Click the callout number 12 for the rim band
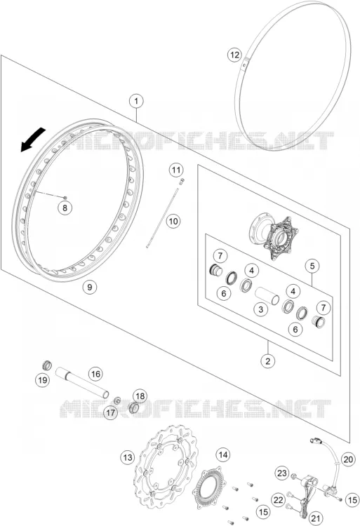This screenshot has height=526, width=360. pyautogui.click(x=234, y=54)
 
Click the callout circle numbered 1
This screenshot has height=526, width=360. pyautogui.click(x=136, y=101)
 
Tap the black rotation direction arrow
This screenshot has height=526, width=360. pyautogui.click(x=33, y=140)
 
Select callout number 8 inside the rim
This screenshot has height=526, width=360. pyautogui.click(x=65, y=208)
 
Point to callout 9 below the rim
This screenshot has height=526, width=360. pyautogui.click(x=89, y=287)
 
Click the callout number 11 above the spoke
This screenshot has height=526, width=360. pyautogui.click(x=176, y=170)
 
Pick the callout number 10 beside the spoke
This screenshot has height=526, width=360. pyautogui.click(x=173, y=221)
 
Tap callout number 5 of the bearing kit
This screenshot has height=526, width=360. pyautogui.click(x=312, y=266)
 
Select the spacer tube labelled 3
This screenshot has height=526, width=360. pyautogui.click(x=267, y=295)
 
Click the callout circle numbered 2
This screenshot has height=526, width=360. pyautogui.click(x=268, y=361)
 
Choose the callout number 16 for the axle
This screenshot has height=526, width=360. pyautogui.click(x=95, y=374)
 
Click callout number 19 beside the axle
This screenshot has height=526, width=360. pyautogui.click(x=43, y=380)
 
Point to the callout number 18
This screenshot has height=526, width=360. pyautogui.click(x=140, y=396)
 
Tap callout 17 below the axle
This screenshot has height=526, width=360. pyautogui.click(x=110, y=412)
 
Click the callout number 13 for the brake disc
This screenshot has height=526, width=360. pyautogui.click(x=128, y=457)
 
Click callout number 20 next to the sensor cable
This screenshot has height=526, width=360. pyautogui.click(x=349, y=459)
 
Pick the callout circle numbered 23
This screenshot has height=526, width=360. pyautogui.click(x=282, y=473)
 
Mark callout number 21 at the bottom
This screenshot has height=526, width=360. pyautogui.click(x=316, y=518)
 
